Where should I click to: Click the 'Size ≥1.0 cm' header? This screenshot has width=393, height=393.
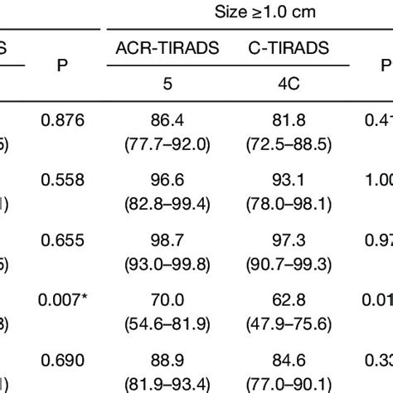tap(257, 13)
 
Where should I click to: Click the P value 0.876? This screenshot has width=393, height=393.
tap(61, 121)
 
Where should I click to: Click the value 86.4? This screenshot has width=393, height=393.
tap(167, 122)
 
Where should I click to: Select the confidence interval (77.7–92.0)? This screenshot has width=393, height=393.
tap(167, 143)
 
